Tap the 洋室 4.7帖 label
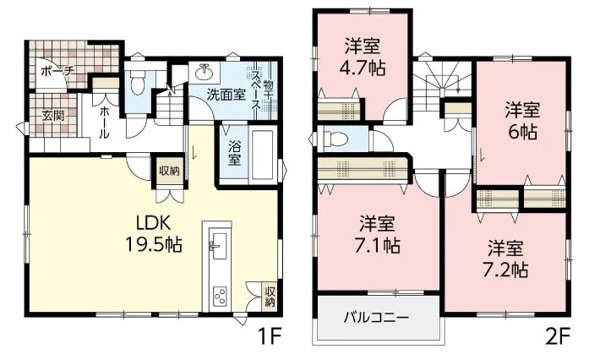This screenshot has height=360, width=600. pos(364,57)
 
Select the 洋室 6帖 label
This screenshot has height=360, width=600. pos(521,121)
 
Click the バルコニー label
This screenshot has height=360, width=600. pos(376,319)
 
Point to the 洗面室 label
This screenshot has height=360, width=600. pos(227,95)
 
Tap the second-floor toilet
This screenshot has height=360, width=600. pos(335,139)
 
